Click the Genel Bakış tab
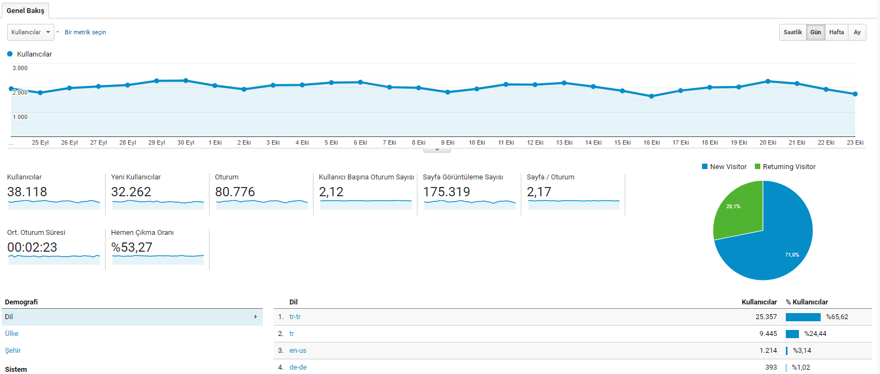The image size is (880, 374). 26,10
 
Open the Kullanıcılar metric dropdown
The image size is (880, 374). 30,32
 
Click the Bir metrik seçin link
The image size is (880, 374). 85,32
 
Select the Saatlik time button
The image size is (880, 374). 793,32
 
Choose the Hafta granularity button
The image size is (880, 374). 836,32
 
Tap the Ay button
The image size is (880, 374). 857,32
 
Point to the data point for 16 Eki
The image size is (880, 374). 651,96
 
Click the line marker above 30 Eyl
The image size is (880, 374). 186,80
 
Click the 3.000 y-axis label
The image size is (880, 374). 20,68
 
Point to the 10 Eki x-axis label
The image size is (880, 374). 477,142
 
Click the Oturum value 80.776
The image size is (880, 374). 235,191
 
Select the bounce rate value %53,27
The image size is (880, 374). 132,247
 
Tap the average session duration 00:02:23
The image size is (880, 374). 32,247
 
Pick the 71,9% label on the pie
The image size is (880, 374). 792,255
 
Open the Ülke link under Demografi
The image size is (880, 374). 11,334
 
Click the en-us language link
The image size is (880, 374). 298,351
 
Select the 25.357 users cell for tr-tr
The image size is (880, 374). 766,317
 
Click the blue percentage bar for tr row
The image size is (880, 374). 792,334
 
